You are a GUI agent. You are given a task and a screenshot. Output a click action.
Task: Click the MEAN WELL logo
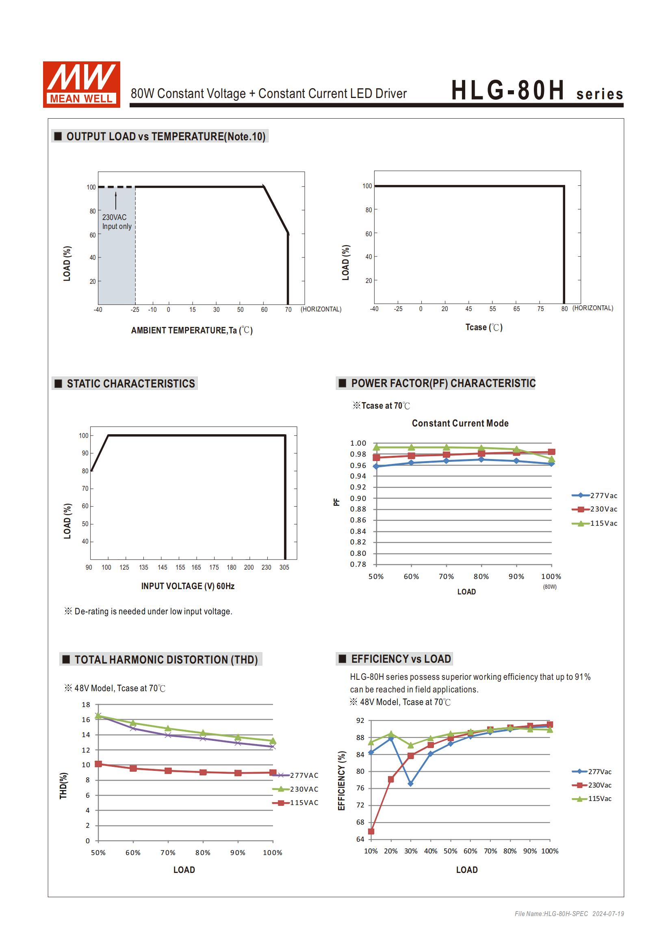tap(82, 85)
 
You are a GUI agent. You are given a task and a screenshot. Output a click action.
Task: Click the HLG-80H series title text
tap(537, 90)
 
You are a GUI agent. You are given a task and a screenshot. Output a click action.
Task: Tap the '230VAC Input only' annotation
tap(117, 222)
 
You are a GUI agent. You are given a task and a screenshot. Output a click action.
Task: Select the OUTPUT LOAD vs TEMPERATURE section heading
tap(160, 136)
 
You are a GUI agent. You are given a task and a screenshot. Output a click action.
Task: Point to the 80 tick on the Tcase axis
tap(564, 309)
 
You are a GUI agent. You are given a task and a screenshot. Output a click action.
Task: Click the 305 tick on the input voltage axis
tap(284, 567)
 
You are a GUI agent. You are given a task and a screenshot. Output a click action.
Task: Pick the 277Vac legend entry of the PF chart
tap(595, 495)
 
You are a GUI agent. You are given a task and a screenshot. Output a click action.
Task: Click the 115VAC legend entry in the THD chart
tap(295, 802)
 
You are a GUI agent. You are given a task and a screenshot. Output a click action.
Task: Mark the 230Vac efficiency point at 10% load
tap(371, 831)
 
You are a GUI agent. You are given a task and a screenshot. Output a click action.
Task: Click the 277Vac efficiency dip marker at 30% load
tap(410, 783)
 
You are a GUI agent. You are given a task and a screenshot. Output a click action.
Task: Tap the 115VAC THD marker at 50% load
tap(98, 764)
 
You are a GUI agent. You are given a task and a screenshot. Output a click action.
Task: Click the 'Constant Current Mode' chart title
tap(460, 423)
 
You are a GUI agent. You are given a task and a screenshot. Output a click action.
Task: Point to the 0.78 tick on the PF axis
tap(358, 564)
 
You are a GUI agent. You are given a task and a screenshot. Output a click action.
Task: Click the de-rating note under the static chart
tap(148, 611)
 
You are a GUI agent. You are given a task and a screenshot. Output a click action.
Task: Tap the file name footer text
tap(569, 913)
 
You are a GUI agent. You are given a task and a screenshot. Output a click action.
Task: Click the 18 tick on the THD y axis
tap(86, 705)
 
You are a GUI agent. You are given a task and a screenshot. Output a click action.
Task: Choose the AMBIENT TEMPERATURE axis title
tap(192, 330)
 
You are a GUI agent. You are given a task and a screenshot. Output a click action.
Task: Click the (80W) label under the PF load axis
tap(550, 587)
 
